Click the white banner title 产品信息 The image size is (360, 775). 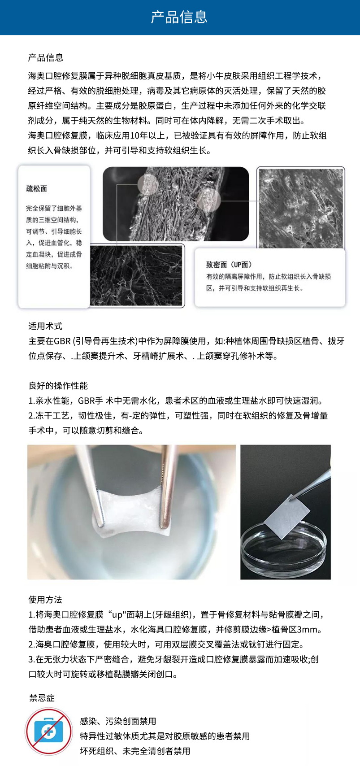click(x=179, y=17)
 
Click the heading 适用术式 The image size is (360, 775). click(x=45, y=326)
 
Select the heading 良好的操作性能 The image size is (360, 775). click(x=58, y=386)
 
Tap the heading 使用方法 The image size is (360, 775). click(x=45, y=600)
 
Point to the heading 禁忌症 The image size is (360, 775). click(x=42, y=697)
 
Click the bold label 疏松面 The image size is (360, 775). click(x=37, y=189)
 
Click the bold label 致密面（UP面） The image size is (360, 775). click(x=229, y=265)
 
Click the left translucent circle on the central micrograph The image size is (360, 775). click(x=148, y=184)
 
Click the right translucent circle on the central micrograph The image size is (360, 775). click(x=209, y=199)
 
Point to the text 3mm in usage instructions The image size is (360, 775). click(x=309, y=629)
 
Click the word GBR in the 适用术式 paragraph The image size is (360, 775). click(x=62, y=341)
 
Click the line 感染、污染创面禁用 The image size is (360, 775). click(x=118, y=721)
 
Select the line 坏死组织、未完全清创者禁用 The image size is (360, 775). click(x=135, y=751)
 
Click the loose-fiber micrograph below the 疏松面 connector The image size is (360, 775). click(x=137, y=275)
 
